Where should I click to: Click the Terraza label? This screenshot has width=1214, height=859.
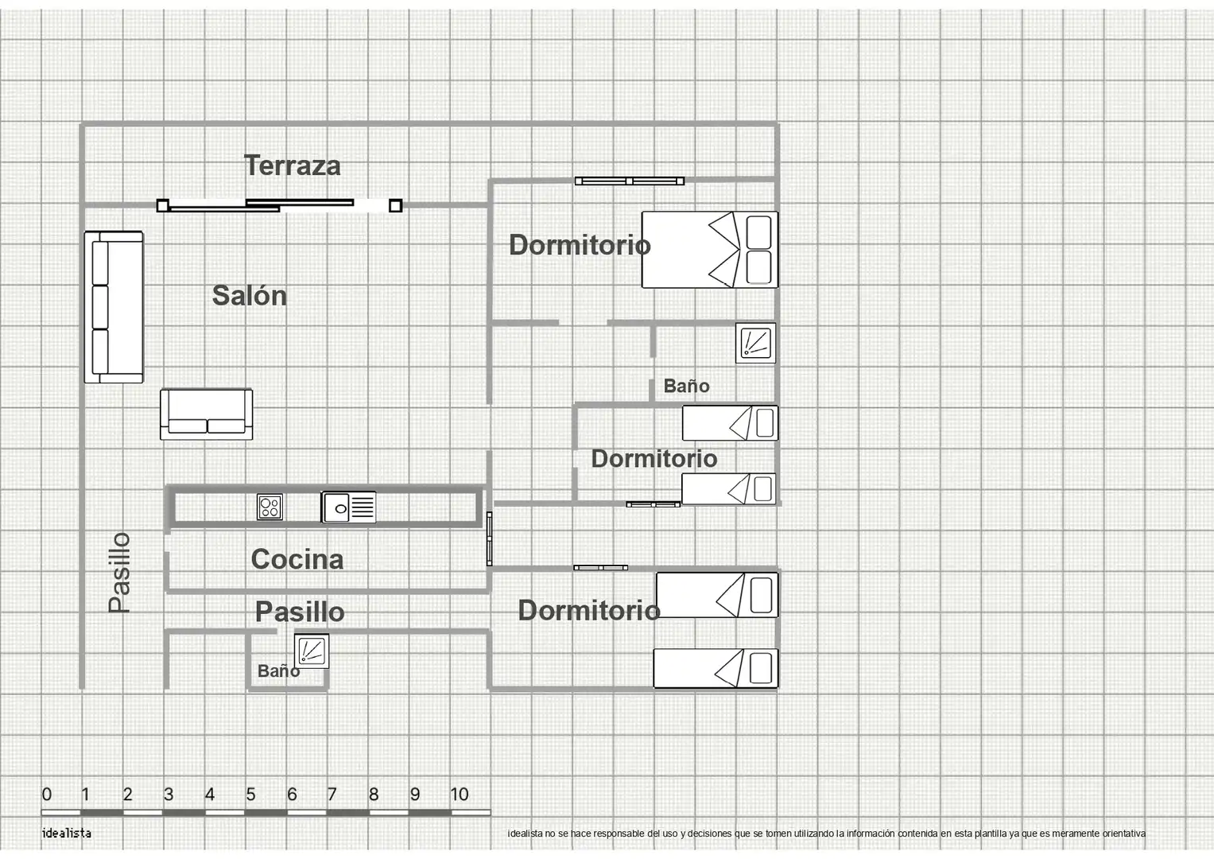click(x=292, y=165)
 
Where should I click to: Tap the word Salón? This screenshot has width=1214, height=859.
click(x=250, y=296)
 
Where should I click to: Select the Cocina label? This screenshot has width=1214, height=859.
click(x=297, y=559)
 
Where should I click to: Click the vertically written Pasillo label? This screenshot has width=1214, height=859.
click(x=120, y=573)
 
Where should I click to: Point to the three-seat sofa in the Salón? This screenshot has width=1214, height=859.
click(x=114, y=307)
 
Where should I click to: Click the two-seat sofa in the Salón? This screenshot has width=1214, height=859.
click(x=207, y=414)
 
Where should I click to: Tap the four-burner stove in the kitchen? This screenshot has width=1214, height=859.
click(x=270, y=507)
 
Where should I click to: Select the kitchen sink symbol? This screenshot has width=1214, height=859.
click(x=348, y=507)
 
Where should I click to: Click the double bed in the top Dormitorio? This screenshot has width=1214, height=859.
click(x=710, y=250)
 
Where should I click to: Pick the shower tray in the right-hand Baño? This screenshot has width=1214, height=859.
click(x=755, y=344)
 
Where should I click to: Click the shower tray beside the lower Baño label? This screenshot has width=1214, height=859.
click(x=312, y=651)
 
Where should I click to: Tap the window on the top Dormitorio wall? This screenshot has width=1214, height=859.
click(x=629, y=181)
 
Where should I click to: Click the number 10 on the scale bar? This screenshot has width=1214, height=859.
click(x=459, y=795)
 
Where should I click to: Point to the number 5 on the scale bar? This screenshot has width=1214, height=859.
click(x=250, y=795)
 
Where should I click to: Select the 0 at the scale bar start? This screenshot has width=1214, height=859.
click(x=47, y=795)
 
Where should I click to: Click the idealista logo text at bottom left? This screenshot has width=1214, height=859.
click(x=66, y=833)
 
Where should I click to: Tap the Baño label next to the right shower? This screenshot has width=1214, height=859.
click(x=686, y=386)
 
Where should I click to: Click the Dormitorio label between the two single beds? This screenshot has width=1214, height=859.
click(x=654, y=459)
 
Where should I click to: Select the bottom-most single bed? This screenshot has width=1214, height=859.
click(x=716, y=668)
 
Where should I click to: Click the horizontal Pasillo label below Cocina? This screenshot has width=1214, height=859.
click(x=300, y=612)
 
